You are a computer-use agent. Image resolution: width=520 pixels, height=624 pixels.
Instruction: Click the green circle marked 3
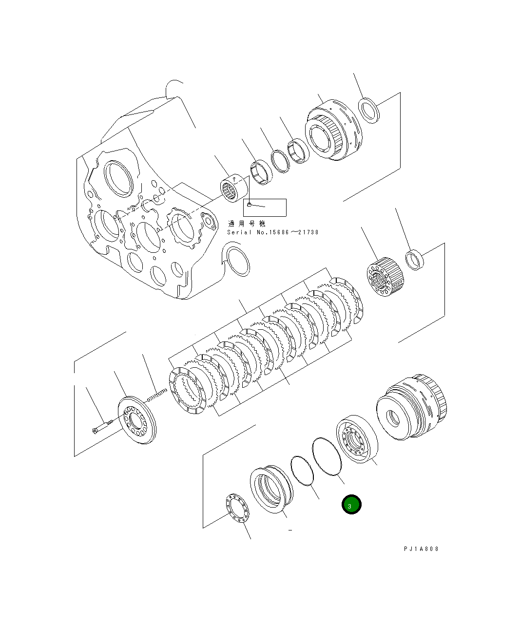coord(351,505)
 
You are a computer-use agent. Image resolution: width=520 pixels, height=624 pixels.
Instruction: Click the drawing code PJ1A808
coord(421,549)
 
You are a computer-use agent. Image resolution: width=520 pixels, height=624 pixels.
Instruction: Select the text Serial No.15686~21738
coord(272,232)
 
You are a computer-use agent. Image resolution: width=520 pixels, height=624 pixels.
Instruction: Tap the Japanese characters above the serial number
coord(247,224)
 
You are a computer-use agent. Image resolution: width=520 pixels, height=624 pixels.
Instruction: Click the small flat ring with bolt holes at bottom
coord(237,508)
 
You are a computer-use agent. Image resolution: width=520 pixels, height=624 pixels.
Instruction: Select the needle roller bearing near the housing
coord(232,189)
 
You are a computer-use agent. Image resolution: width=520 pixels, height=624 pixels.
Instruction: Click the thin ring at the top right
coord(368,111)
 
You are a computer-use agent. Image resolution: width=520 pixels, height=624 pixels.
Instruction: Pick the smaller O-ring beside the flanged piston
coord(302,471)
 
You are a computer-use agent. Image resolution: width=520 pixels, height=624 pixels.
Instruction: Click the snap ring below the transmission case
coord(238,261)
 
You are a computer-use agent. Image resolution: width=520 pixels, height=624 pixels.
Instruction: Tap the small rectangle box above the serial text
coord(265,208)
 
